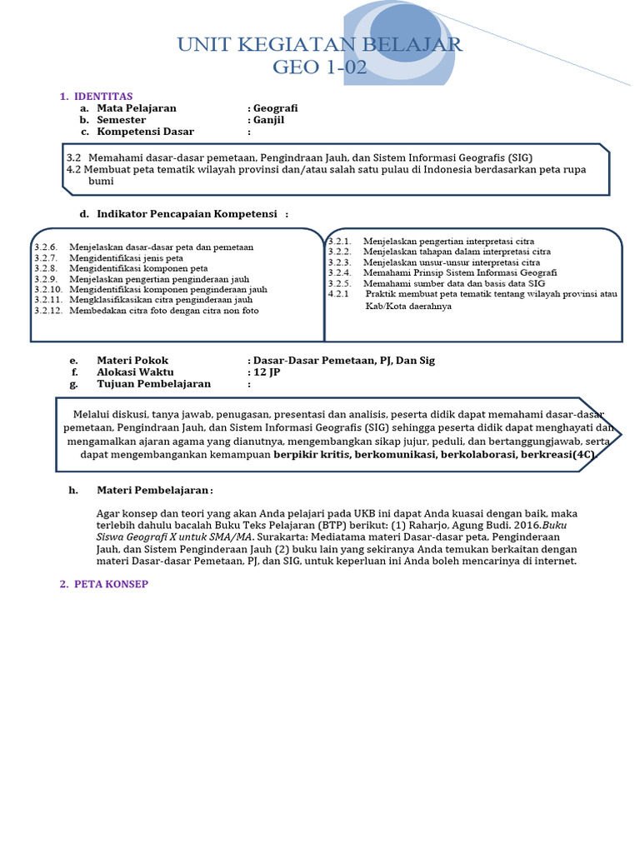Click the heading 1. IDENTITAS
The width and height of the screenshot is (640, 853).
(x=96, y=97)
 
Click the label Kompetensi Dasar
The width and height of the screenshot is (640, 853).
(x=145, y=132)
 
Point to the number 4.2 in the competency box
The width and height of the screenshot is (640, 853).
(x=74, y=169)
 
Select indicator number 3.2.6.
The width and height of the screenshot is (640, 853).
(x=46, y=247)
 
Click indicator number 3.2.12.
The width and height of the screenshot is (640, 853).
(x=48, y=311)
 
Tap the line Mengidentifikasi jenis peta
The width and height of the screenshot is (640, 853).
(x=126, y=258)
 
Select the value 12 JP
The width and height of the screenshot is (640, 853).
(x=267, y=372)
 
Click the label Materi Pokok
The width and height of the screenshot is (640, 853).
(x=132, y=361)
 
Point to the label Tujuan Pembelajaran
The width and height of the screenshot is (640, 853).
(x=153, y=384)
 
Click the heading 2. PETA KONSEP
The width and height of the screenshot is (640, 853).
(x=103, y=584)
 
